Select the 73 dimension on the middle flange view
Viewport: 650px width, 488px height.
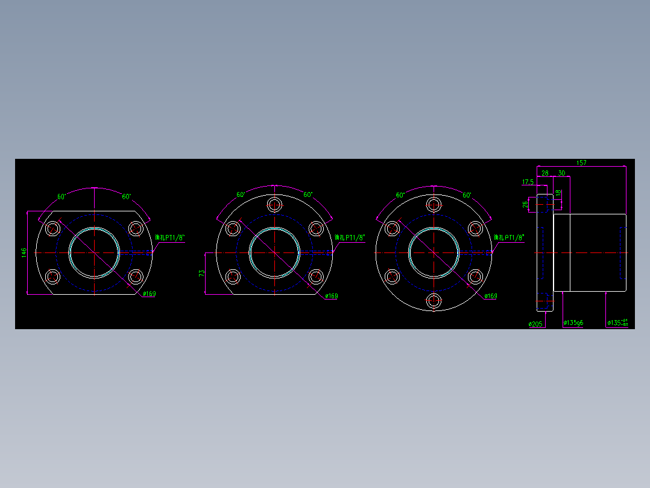point(202,273)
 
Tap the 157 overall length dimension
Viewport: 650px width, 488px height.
point(581,163)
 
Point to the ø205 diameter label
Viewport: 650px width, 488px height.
point(535,324)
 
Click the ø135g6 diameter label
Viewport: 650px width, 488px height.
point(573,323)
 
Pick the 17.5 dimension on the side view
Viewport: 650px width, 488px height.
point(528,182)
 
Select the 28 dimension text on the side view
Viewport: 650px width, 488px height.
point(545,173)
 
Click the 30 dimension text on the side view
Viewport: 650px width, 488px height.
point(561,173)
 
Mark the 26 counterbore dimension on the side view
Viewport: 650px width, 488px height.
point(525,205)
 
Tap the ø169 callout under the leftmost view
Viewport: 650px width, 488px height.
point(149,294)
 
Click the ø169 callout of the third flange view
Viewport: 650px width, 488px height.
point(490,296)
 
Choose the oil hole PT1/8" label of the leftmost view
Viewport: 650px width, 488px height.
point(170,238)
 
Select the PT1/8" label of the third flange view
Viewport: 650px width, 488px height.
point(510,238)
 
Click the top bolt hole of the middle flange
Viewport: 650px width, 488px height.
point(274,205)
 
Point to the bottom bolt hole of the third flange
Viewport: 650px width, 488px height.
point(434,300)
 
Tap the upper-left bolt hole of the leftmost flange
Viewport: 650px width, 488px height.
point(52,228)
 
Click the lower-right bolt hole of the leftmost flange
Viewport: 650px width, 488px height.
point(136,277)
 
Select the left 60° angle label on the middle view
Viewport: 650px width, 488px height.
point(241,195)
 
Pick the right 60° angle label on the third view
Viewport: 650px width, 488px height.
point(467,196)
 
